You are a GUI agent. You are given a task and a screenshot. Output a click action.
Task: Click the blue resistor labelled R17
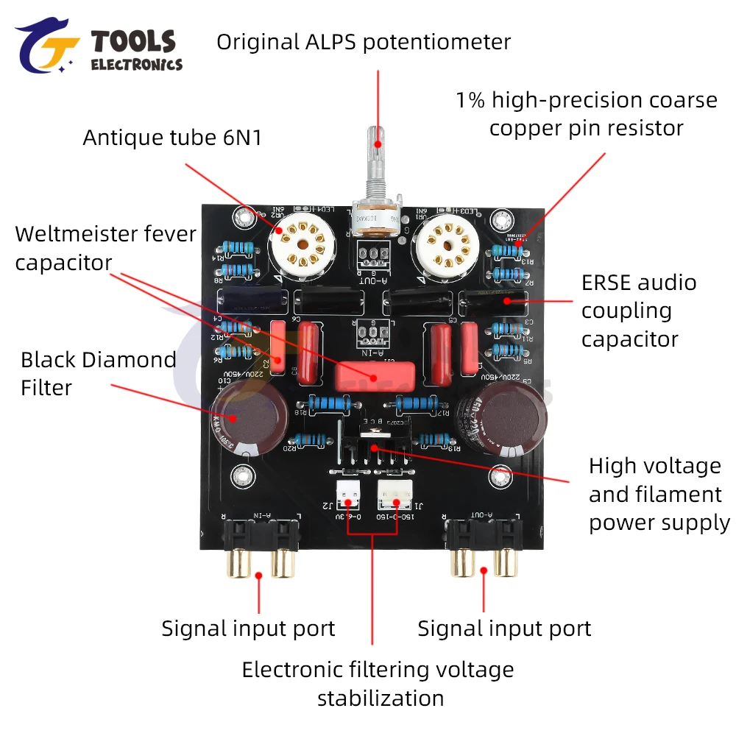419,403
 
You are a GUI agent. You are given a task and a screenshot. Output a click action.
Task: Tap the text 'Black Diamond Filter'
98,374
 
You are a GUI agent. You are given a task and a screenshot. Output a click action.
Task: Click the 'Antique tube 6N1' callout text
172,138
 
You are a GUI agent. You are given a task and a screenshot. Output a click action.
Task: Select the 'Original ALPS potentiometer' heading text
363,42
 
